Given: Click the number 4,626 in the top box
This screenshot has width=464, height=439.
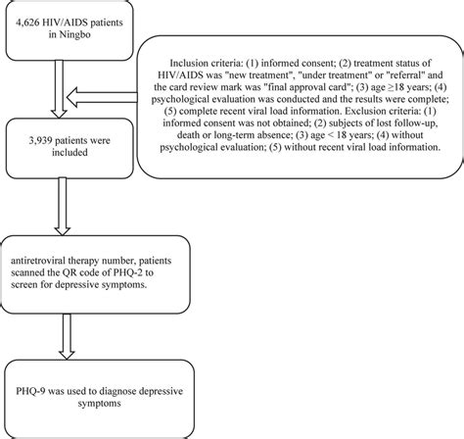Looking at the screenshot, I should pyautogui.click(x=33, y=21).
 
